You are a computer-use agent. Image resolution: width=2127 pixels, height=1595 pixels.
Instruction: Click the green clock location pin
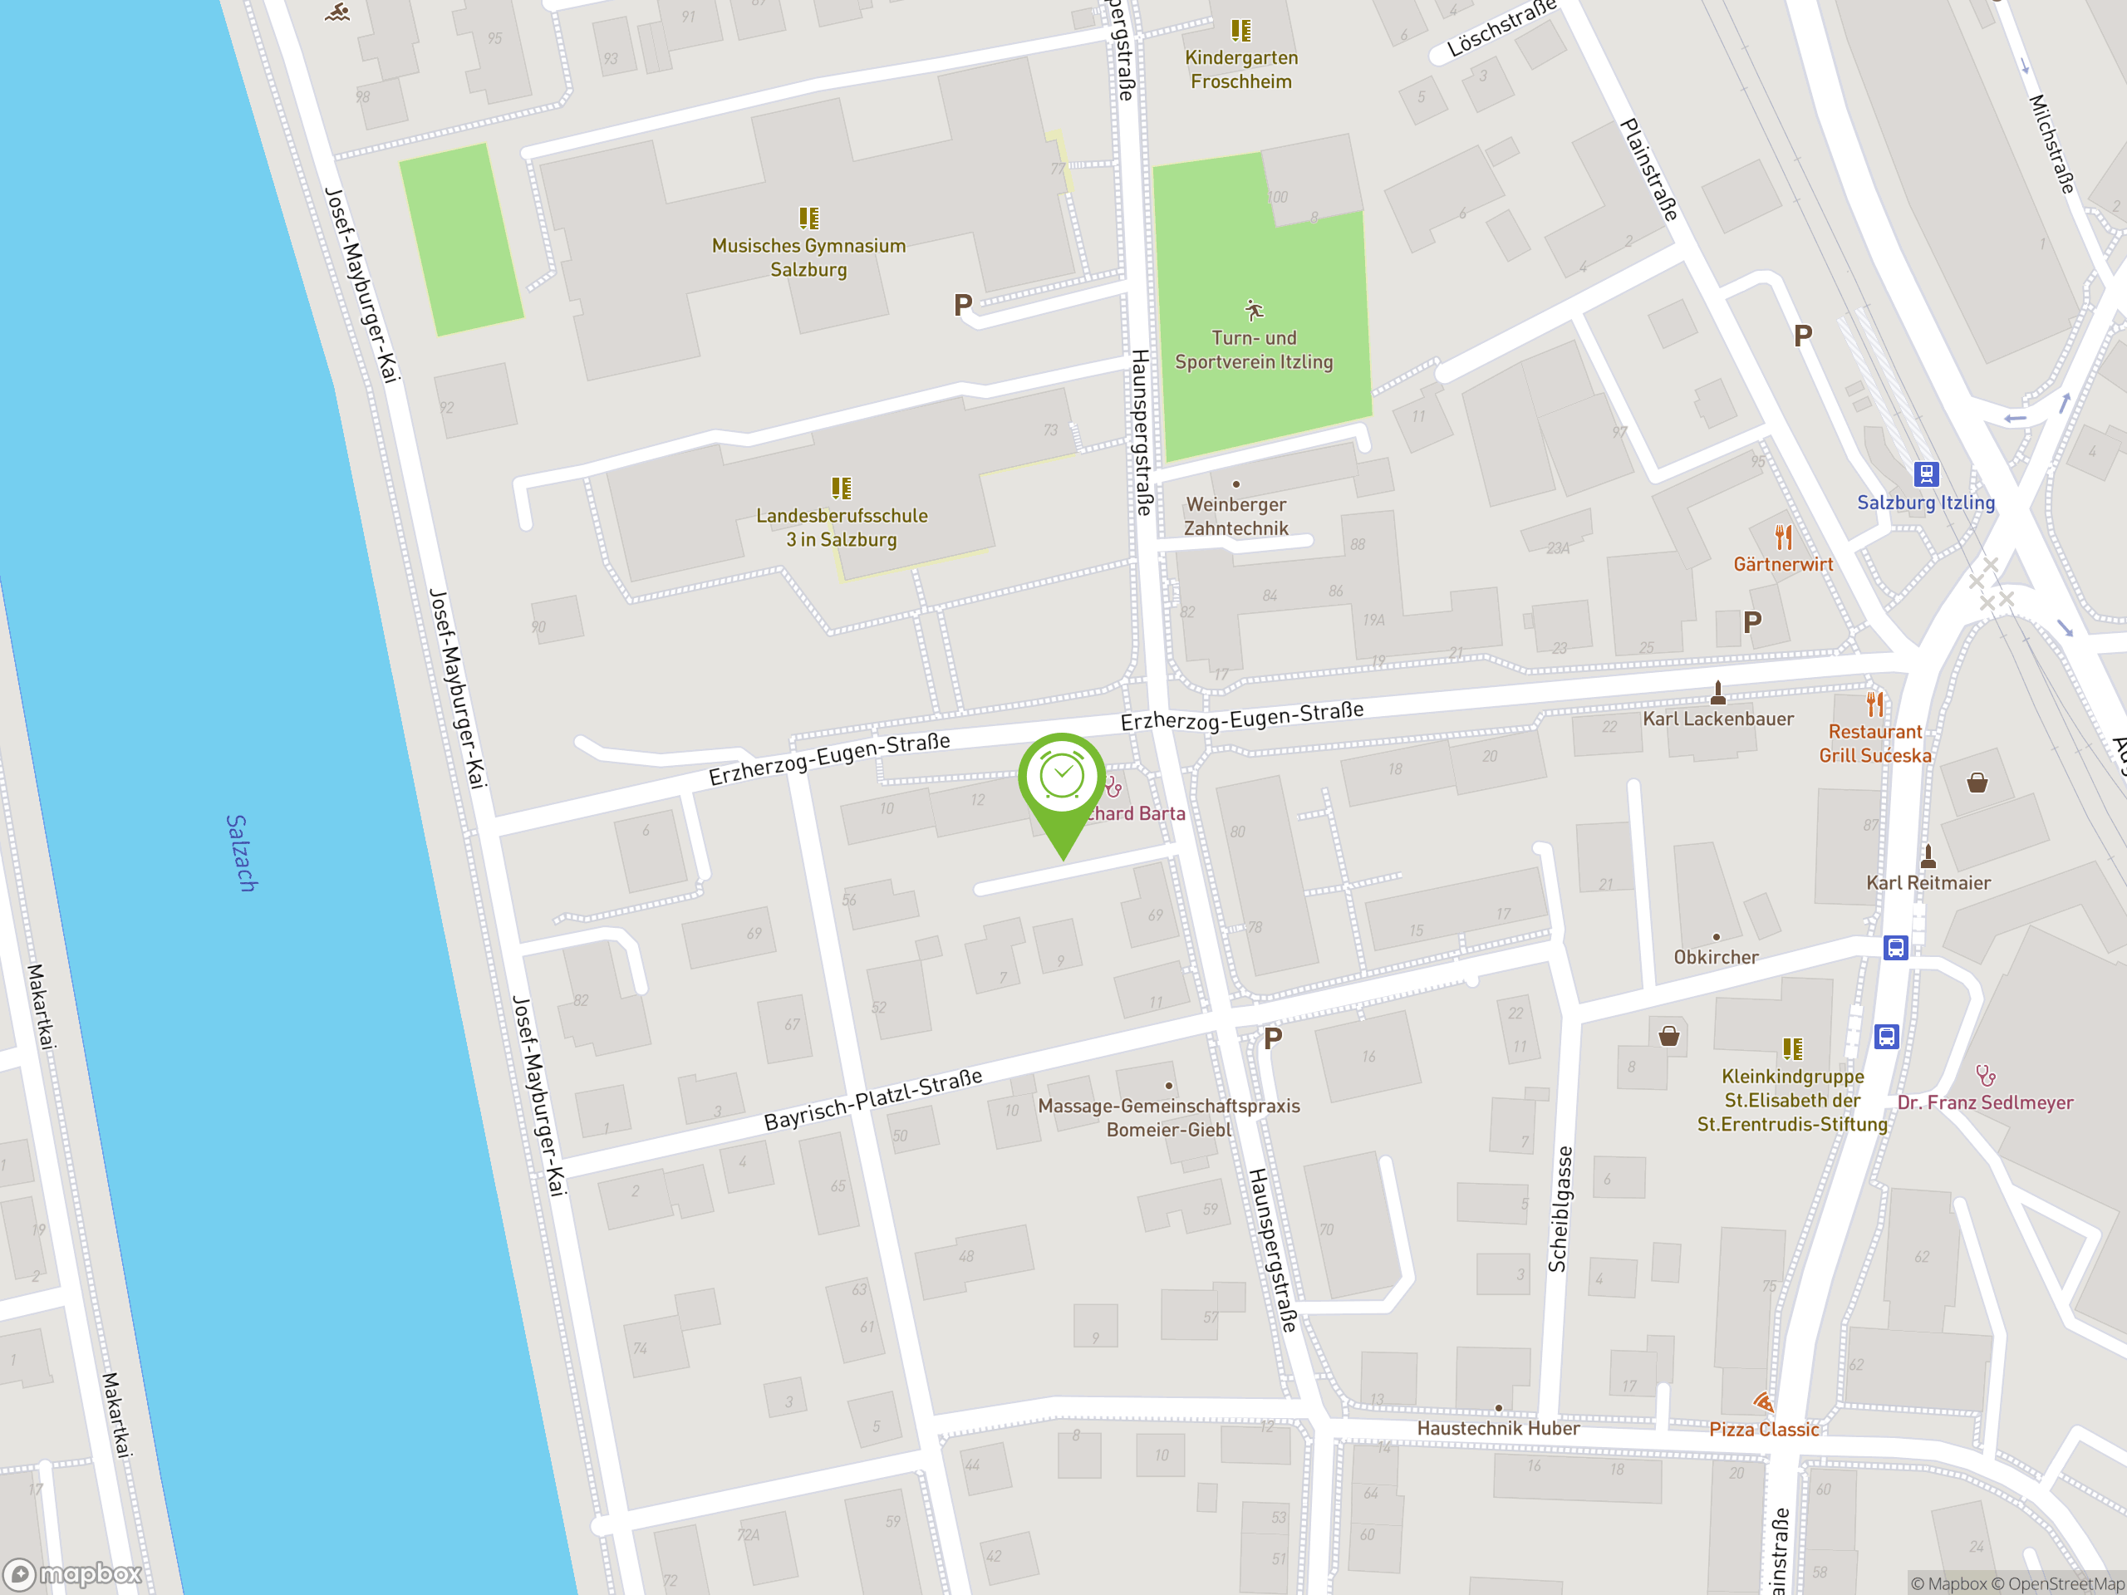point(1062,778)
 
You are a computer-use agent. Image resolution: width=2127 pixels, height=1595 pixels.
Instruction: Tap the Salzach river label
point(241,853)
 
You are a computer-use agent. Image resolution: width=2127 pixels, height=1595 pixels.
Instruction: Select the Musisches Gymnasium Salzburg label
point(808,258)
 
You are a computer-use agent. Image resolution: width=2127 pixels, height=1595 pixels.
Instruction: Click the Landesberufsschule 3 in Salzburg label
point(842,527)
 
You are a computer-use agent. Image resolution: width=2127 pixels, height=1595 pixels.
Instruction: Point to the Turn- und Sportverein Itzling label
point(1254,350)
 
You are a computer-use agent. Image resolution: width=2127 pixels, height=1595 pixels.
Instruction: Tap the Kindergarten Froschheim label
point(1241,69)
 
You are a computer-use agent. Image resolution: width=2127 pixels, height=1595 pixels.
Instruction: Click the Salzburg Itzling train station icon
point(1926,474)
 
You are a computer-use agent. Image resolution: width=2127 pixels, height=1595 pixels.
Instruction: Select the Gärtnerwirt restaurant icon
point(1784,537)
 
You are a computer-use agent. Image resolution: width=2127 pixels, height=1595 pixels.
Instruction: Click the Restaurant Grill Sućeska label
point(1875,744)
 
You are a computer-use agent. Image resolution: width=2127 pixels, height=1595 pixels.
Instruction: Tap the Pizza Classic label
point(1764,1429)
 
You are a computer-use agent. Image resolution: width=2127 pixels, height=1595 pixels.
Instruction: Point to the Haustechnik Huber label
point(1498,1428)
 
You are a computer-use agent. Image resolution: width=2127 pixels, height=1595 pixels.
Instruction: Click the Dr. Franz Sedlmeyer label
point(1985,1102)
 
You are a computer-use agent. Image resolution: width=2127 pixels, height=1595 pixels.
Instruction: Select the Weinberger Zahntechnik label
point(1235,516)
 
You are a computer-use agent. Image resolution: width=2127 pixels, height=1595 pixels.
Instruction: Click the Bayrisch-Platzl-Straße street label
point(873,1099)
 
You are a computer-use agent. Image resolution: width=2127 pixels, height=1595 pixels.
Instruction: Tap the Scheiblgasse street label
point(1559,1210)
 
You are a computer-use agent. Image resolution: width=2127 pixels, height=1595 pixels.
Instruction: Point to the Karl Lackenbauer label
point(1718,719)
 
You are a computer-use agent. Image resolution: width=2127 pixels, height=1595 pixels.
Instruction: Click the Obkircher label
point(1716,957)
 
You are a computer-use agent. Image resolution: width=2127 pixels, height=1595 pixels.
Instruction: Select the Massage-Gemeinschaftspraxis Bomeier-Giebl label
point(1168,1117)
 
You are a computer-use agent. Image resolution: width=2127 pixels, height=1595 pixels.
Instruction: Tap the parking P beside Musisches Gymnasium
point(962,306)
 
